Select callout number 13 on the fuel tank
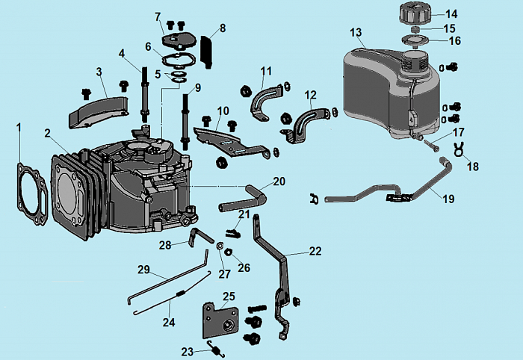(356, 32)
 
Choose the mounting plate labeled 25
(221, 321)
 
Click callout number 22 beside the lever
(315, 251)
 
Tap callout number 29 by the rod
(143, 269)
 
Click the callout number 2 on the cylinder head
(46, 134)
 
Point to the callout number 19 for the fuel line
(448, 199)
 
